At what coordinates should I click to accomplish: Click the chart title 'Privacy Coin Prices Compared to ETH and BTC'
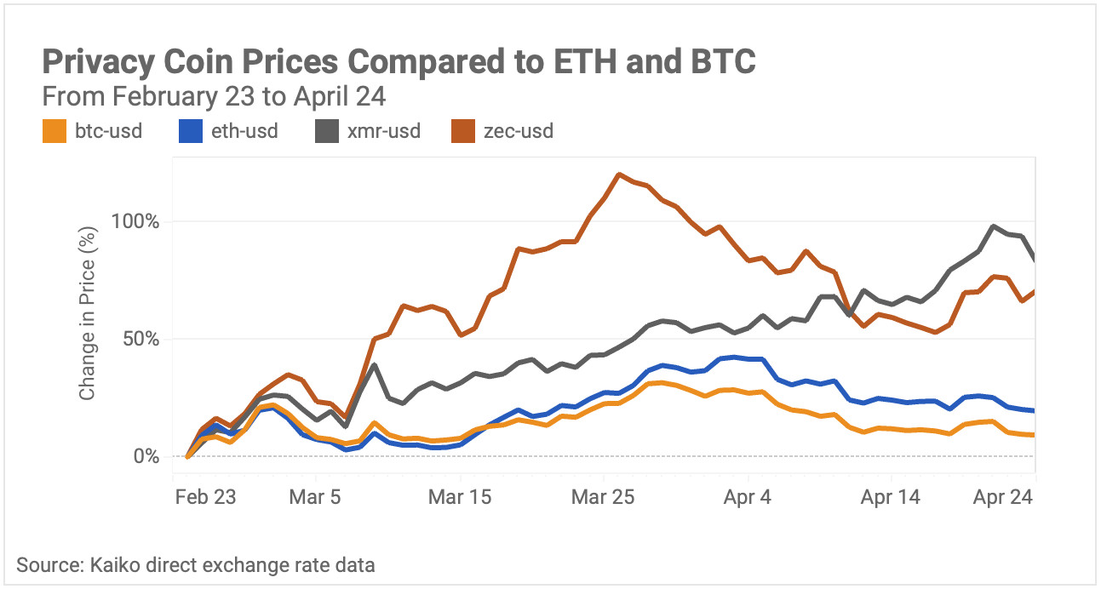click(x=399, y=63)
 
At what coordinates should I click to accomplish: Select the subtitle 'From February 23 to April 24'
click(x=214, y=97)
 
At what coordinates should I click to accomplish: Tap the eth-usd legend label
click(x=244, y=131)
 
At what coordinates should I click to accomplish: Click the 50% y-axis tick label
click(x=140, y=339)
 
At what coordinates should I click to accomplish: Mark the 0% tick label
click(x=146, y=456)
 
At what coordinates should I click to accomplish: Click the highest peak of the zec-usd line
click(x=618, y=174)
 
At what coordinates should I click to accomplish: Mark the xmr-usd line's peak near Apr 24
click(x=994, y=226)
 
